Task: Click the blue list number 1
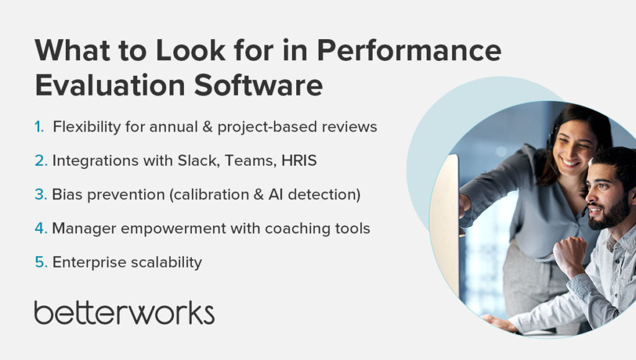[39, 127]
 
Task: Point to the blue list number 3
[40, 195]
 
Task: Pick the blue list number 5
[40, 263]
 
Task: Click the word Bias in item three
[66, 195]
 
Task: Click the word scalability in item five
[166, 263]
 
